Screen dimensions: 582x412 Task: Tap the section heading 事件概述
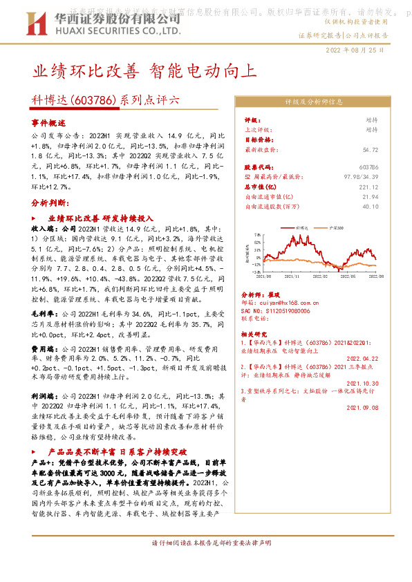point(47,122)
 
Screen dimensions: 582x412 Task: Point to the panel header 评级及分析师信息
point(314,101)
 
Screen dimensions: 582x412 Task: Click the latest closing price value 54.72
point(371,150)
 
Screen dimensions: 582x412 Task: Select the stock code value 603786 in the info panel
point(369,168)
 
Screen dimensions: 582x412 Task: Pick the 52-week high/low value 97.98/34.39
point(361,178)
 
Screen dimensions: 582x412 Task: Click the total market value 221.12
point(368,187)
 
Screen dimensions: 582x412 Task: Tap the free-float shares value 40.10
point(371,206)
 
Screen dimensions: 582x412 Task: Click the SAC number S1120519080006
point(282,311)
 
